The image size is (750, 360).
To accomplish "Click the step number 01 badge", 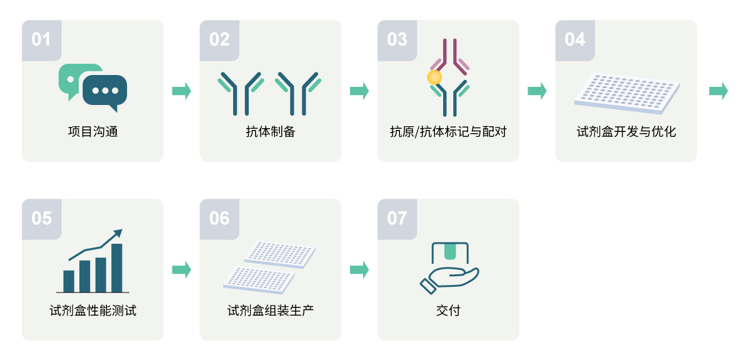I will [41, 39].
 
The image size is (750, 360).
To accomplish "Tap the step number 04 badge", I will [575, 39].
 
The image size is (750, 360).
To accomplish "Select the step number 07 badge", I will [397, 218].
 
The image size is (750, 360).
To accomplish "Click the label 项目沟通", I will [92, 132].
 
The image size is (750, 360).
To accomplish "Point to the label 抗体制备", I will [270, 132].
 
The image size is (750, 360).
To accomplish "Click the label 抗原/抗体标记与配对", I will [448, 132].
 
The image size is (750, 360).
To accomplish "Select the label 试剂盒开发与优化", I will [626, 132].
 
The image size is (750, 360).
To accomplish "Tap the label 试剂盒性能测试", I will [92, 311].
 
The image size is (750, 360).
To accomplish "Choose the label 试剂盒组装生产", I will [270, 311].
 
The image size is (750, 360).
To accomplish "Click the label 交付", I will [448, 311].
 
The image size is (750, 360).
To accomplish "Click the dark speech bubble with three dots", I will [104, 91].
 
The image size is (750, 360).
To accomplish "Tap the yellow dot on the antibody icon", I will [434, 77].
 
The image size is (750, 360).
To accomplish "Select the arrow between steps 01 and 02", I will [181, 91].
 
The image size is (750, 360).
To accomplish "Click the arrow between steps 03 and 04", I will [537, 91].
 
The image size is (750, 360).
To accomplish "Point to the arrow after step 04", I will [718, 91].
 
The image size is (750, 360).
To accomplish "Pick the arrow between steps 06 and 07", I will [359, 269].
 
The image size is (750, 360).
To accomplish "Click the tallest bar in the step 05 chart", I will [116, 267].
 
